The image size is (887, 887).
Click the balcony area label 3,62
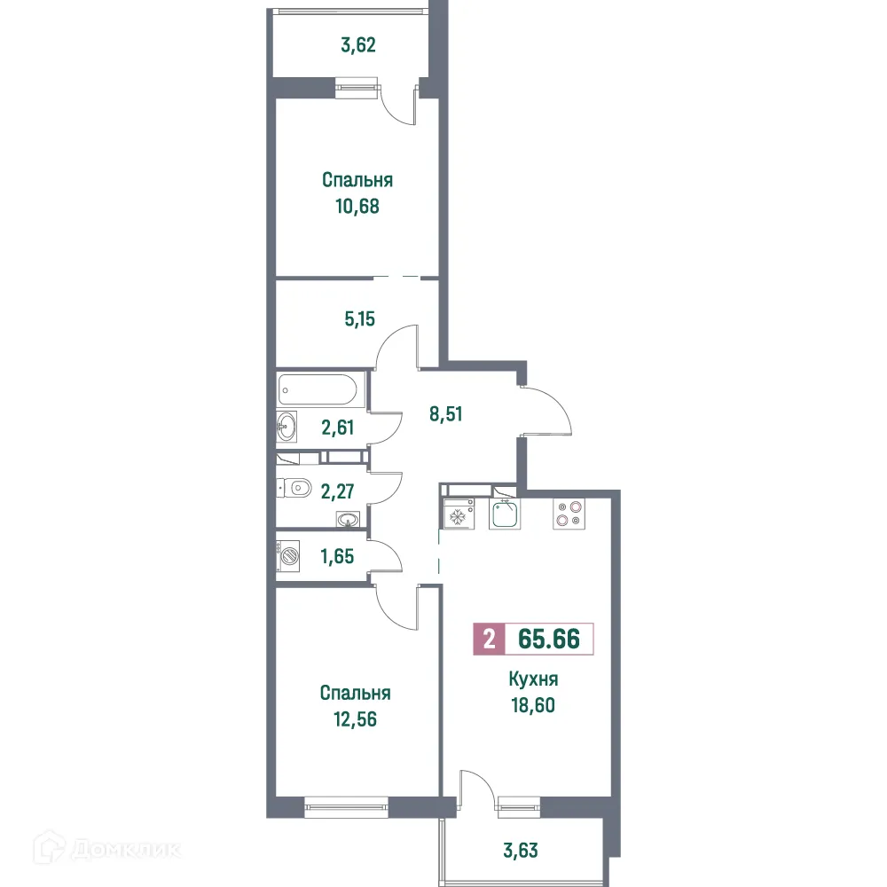tap(358, 44)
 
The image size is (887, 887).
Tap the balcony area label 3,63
tap(519, 851)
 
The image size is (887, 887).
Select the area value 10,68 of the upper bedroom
tap(357, 207)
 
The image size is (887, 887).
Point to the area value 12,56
tap(355, 719)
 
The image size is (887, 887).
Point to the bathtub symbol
tap(318, 389)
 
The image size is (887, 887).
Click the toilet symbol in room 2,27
tap(294, 486)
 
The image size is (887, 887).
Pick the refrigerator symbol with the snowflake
tap(458, 516)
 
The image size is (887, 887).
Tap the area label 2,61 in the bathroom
tap(337, 428)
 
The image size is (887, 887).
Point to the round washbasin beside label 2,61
tap(286, 428)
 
